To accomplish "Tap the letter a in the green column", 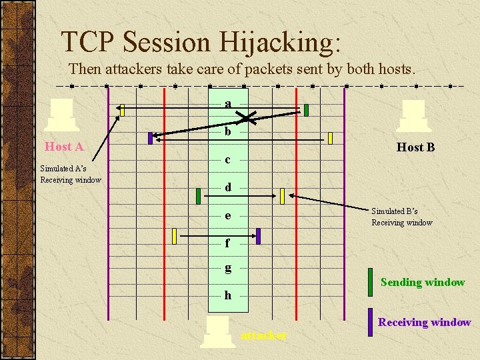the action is click(x=228, y=104).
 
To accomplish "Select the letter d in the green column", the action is click(x=228, y=187).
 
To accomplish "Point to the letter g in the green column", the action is click(x=228, y=268).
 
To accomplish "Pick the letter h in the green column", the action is click(x=228, y=295).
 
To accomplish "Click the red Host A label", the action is click(x=63, y=147).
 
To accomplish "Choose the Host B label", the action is click(x=415, y=147).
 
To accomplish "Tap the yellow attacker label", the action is click(x=263, y=335).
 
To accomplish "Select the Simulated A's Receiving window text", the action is click(x=71, y=174).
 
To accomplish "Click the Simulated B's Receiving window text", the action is click(x=402, y=217).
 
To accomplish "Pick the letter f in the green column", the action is click(x=228, y=243).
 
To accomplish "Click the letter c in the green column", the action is click(x=228, y=160).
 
